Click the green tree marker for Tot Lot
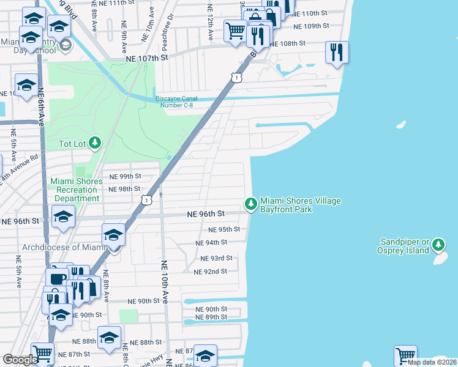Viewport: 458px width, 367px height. [x=94, y=144]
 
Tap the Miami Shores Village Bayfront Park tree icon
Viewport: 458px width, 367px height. [x=250, y=204]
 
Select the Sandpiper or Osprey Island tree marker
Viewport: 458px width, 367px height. [x=438, y=245]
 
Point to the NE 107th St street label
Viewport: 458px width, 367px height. [x=146, y=58]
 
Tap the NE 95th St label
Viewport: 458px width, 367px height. [x=224, y=230]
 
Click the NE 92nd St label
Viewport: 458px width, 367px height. [x=210, y=272]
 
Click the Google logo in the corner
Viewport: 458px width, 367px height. [x=20, y=360]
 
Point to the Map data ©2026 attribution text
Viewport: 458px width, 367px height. [x=432, y=362]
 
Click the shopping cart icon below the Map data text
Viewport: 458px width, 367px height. [x=405, y=355]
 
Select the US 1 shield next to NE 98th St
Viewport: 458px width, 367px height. [x=146, y=200]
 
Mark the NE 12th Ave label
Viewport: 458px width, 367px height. [x=210, y=23]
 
